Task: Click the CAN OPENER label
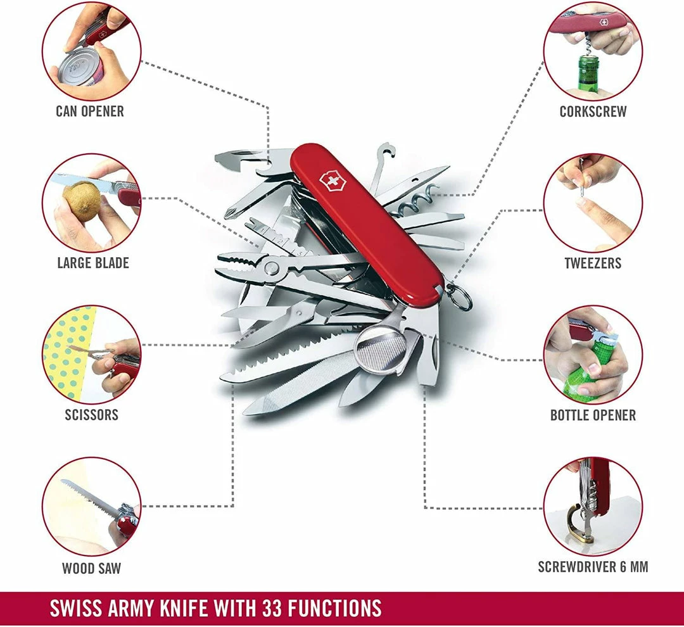pyautogui.click(x=90, y=111)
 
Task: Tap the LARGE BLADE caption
pyautogui.click(x=93, y=263)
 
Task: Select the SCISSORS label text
pyautogui.click(x=91, y=415)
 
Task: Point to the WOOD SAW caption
pyautogui.click(x=91, y=568)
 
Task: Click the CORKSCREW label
pyautogui.click(x=593, y=111)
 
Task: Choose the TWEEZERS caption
pyautogui.click(x=593, y=263)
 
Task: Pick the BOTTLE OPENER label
pyautogui.click(x=593, y=415)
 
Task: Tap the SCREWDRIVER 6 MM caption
pyautogui.click(x=593, y=567)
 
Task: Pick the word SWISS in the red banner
pyautogui.click(x=79, y=608)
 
